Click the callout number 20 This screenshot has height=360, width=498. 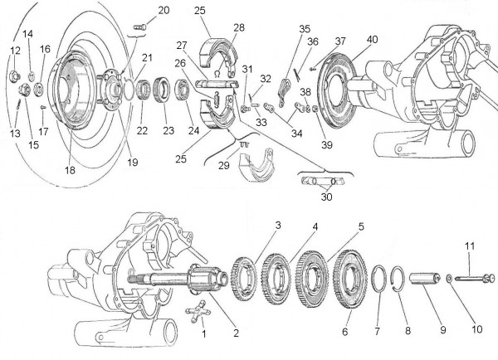(163, 10)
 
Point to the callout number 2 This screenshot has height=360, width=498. (236, 333)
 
